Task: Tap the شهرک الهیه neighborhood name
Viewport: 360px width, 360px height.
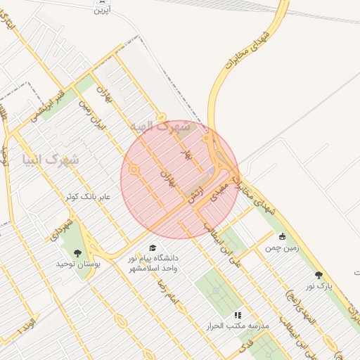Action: tap(160, 127)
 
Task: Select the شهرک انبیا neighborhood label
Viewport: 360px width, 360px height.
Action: tap(51, 160)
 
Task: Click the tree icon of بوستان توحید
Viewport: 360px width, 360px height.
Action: tap(77, 252)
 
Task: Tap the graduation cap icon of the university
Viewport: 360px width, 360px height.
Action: tap(153, 247)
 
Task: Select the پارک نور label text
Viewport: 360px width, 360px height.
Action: tap(318, 286)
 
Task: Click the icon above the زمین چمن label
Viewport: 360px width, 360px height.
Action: tap(283, 236)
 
